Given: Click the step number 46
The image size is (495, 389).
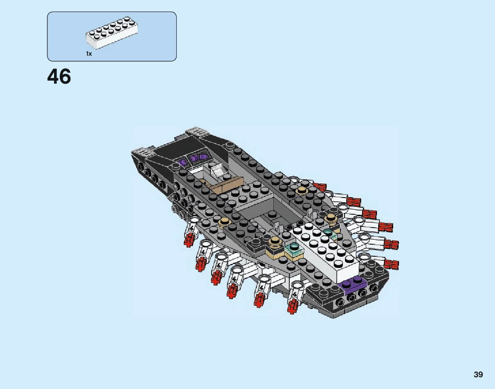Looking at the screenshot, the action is pos(59,77).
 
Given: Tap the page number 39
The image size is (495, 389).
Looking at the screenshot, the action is pos(478,374).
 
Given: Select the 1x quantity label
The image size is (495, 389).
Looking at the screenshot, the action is pos(89,54).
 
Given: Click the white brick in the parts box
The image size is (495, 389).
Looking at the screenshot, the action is pos(112,33).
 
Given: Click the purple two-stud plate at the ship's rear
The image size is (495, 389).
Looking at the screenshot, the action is pos(352,283).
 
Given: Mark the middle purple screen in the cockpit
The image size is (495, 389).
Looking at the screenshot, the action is pos(194,158).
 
